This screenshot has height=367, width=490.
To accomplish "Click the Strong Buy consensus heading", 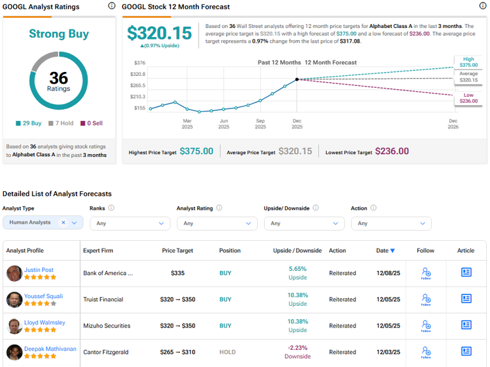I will [x=59, y=34].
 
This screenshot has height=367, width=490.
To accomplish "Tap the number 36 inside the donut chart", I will [x=59, y=78].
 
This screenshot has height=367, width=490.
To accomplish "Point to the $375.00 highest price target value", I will [x=197, y=151].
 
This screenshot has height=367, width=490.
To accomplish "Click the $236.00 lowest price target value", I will [x=392, y=151].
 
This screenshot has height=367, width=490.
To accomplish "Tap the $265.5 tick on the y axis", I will [x=137, y=85].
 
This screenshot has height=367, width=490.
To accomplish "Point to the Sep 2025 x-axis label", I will [x=260, y=124].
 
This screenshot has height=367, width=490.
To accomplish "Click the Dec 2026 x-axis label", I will [x=453, y=124].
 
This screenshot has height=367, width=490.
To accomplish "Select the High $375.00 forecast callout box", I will [x=468, y=61].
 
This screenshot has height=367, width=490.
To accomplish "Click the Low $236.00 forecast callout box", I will [x=468, y=97].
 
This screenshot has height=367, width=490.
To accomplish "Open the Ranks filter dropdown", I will [x=130, y=224].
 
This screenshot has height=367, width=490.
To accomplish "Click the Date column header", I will [x=385, y=250].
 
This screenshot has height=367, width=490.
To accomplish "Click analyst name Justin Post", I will [x=39, y=270].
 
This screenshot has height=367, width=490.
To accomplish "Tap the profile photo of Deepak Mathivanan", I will [x=14, y=352].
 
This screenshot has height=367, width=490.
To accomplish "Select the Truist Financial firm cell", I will [x=103, y=299].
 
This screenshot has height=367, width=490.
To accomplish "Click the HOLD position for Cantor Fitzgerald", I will [x=227, y=352].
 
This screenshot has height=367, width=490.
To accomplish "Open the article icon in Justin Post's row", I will [x=466, y=272].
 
